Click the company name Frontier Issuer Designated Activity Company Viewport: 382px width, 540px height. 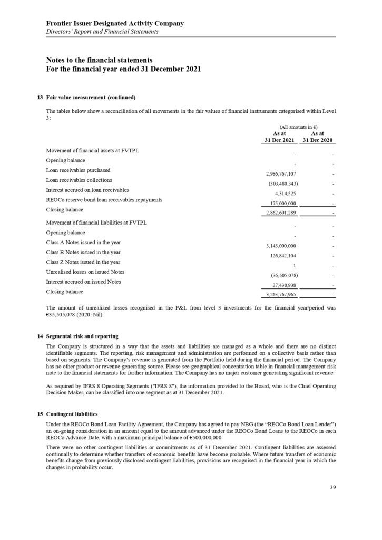(115, 23)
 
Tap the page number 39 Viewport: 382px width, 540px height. (332, 487)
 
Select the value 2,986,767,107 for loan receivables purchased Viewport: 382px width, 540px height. (279, 173)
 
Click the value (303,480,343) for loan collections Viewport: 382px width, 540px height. (280, 184)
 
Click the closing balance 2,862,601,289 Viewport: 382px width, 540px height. (279, 213)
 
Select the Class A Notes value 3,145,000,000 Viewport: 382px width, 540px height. (279, 246)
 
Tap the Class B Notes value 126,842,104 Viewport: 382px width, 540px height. (280, 256)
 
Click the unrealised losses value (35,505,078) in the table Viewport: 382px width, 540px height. (280, 275)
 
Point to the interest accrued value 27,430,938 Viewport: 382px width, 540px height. (281, 285)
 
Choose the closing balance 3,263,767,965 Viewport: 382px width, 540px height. (279, 295)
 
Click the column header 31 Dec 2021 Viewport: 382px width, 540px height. (279, 140)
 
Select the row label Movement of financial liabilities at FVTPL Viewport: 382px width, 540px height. (96, 223)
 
